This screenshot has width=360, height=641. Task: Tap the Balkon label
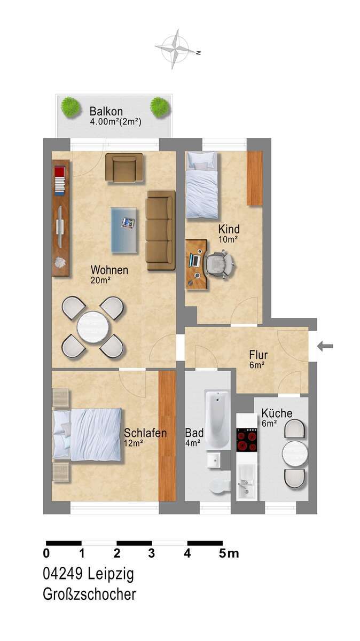point(106,112)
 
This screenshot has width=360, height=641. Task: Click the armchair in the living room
point(124,167)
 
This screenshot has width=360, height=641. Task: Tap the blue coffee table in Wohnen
point(124,230)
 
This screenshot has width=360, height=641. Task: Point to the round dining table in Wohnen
point(92,327)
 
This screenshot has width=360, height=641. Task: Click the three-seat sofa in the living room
point(161,230)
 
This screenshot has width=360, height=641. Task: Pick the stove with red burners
point(247,440)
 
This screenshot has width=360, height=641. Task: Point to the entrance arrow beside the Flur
point(325,346)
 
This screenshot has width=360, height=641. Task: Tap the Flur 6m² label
point(258,359)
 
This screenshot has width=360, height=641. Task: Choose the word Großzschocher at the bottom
point(89,595)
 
